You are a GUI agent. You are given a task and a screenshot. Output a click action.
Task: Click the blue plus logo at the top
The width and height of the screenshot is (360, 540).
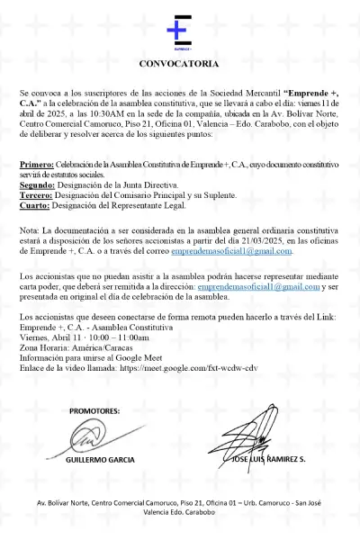click(x=179, y=31)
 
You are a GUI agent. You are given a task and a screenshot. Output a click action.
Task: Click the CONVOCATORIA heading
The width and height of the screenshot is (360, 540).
click(x=179, y=65)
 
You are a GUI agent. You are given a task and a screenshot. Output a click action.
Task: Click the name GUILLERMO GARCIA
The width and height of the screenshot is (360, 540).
click(x=100, y=460)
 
